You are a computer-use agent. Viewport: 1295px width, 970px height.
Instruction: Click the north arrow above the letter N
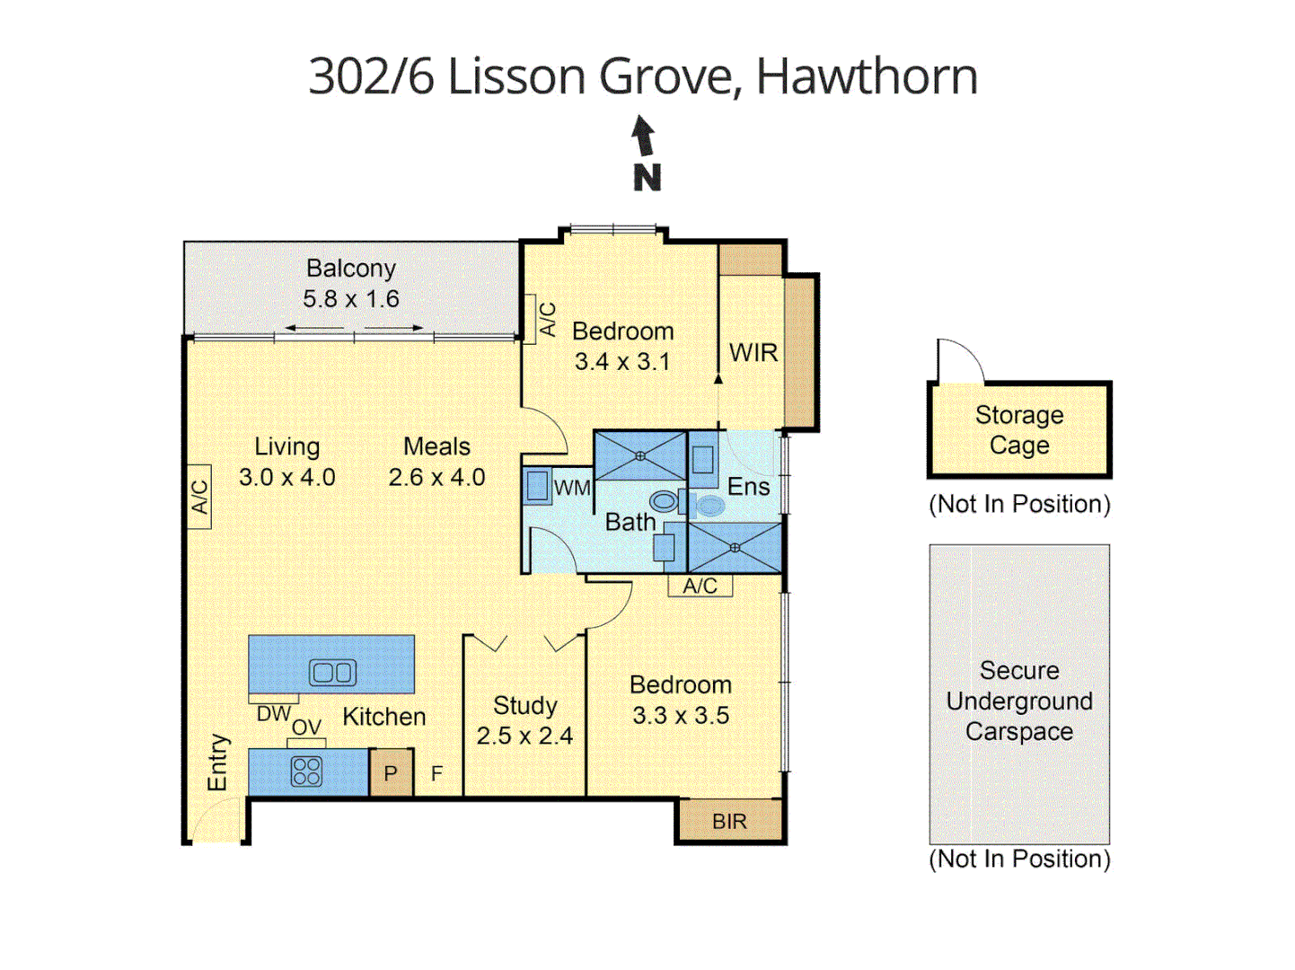coord(642,137)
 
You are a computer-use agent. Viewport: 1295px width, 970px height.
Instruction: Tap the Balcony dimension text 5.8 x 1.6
coord(351,299)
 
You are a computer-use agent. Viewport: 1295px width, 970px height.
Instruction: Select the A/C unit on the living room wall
coord(199,497)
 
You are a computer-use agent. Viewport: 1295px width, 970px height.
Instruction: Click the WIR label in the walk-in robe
coord(753,353)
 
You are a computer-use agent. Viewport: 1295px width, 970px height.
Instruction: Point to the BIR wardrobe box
coord(729,821)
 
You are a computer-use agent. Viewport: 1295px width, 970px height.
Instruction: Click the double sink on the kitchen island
coord(332,672)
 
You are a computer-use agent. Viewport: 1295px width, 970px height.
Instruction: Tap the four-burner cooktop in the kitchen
coord(306,772)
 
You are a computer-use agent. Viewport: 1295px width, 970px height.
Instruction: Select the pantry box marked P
coord(391,773)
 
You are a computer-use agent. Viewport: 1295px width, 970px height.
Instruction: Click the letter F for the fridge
coord(436,773)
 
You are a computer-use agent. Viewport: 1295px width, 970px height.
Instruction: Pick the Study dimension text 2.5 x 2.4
coord(524,736)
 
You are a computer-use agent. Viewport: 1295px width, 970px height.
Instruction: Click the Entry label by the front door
coord(218,763)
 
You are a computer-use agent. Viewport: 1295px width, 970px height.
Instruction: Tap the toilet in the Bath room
coord(665,500)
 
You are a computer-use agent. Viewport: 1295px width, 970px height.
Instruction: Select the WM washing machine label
coord(572,488)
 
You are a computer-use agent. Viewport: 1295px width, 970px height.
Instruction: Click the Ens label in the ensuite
coord(748,487)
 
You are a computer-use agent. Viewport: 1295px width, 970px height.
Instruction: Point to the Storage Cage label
coord(1019,430)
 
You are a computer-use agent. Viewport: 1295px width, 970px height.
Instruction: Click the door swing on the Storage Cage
coord(959,361)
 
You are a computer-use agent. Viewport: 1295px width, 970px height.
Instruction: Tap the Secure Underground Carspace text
coord(1019,701)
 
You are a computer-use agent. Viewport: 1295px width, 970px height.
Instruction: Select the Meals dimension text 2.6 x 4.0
coord(436,478)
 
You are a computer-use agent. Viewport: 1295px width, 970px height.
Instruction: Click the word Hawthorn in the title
coord(867,76)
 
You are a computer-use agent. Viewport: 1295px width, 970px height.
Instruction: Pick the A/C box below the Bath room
coord(700,586)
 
